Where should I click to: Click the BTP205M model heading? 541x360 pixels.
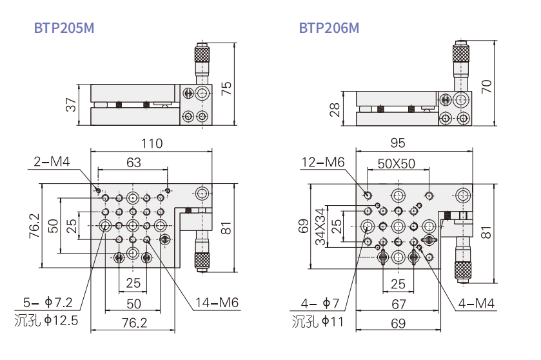click(63, 28)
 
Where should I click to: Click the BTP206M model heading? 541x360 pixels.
click(328, 28)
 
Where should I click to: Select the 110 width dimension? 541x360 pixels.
click(152, 143)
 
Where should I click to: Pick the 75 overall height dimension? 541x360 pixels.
click(226, 88)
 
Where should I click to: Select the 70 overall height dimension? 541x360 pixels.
click(487, 86)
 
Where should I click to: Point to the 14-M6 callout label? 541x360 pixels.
click(216, 303)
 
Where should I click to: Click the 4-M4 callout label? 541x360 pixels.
click(477, 302)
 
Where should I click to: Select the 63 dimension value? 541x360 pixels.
click(133, 163)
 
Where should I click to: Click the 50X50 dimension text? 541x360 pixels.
click(397, 163)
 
